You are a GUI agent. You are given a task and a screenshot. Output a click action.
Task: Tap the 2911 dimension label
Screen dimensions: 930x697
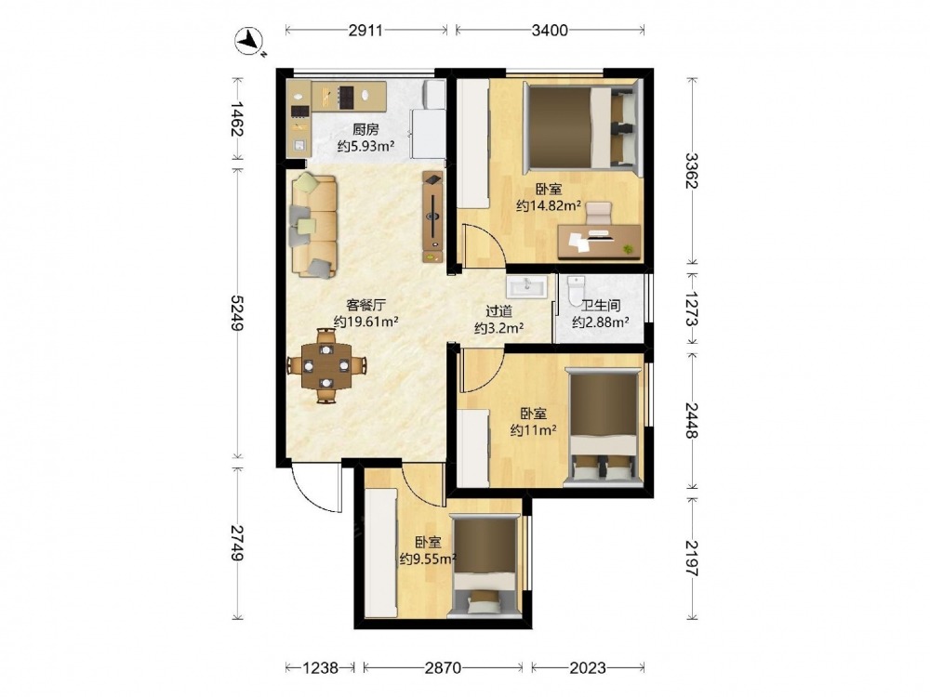(x=365, y=30)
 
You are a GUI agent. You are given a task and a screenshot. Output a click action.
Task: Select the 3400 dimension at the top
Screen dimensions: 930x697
(x=550, y=30)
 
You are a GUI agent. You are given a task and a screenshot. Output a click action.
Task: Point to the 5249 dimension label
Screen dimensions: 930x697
(x=236, y=313)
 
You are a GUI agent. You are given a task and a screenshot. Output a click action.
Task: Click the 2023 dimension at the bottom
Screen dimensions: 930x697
(x=588, y=668)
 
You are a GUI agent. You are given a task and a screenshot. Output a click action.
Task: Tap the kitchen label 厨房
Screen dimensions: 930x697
(x=365, y=129)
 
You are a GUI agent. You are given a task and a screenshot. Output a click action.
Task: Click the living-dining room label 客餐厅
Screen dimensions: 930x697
(x=365, y=305)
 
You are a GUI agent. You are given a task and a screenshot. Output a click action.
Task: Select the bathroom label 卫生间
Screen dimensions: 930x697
(x=600, y=306)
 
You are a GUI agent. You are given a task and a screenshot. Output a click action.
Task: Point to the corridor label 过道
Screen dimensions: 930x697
(x=498, y=311)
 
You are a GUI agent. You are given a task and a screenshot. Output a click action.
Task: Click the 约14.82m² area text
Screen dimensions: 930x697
(x=549, y=205)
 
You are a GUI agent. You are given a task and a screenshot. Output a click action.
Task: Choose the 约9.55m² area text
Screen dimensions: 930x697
(x=428, y=559)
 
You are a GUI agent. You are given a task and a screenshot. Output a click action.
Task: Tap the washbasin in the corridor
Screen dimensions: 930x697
(x=526, y=287)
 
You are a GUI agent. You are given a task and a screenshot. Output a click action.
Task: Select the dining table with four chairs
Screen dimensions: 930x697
(x=325, y=365)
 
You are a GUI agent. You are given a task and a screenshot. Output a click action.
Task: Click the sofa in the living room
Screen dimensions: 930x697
(x=313, y=225)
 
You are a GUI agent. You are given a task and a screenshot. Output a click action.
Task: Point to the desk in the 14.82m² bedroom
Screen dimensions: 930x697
(x=600, y=242)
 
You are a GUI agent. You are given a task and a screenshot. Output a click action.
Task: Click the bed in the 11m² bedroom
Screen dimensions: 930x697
(x=604, y=426)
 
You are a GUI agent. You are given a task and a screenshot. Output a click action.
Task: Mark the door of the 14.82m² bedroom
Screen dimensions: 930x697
(x=484, y=245)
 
